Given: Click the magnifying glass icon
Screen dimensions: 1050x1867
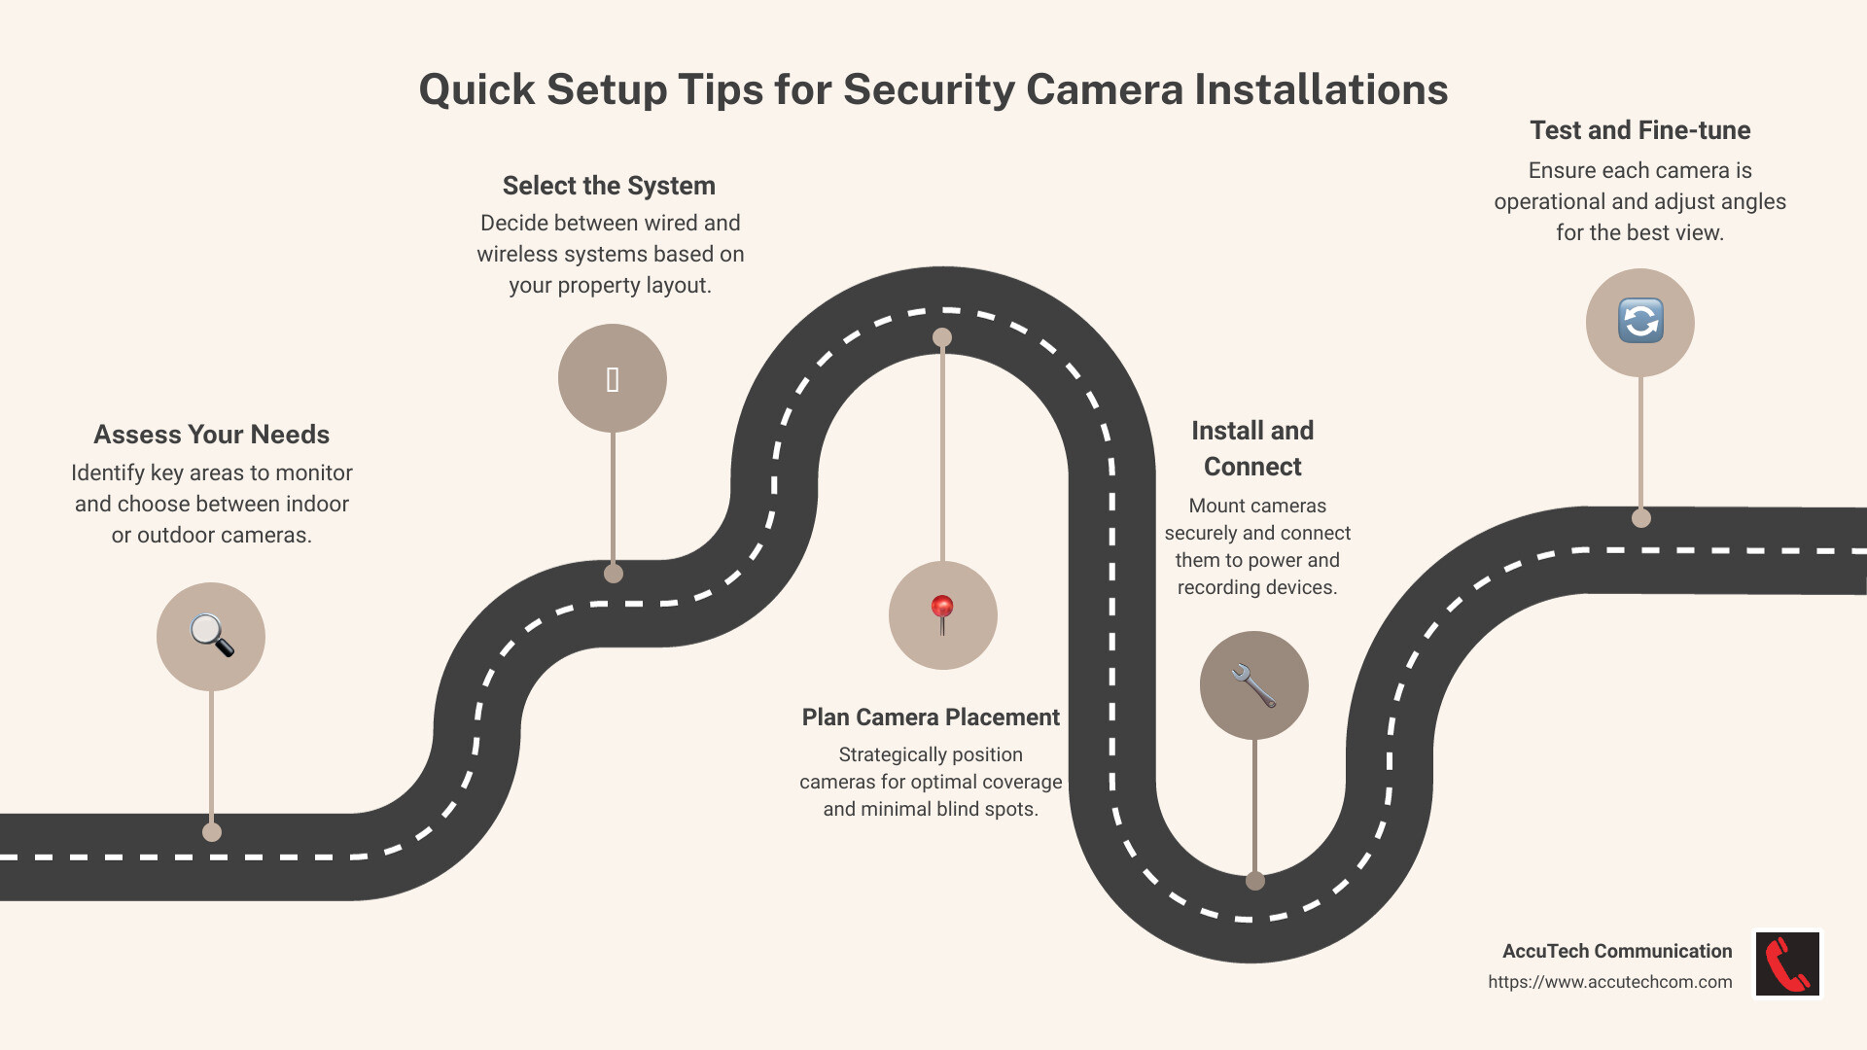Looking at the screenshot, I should click(x=211, y=636).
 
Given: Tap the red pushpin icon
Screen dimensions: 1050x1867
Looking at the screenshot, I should click(x=942, y=614).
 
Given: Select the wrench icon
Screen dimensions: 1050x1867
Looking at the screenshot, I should click(x=1253, y=685).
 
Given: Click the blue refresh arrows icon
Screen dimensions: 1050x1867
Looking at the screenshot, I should click(x=1640, y=321).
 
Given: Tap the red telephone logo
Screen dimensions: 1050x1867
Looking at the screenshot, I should click(x=1787, y=963).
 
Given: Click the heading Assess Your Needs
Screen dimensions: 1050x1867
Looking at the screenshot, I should click(x=211, y=435).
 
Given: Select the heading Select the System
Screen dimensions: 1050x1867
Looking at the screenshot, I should click(x=609, y=186).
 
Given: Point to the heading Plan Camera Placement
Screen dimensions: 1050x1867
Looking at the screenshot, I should click(x=931, y=717).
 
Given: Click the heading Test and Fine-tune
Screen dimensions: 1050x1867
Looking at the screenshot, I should click(x=1639, y=130).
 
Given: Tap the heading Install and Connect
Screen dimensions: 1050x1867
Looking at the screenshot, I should click(x=1252, y=448).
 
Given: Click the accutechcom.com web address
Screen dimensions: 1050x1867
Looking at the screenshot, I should click(x=1609, y=982).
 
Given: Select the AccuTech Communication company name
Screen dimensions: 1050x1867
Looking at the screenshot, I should click(x=1616, y=951).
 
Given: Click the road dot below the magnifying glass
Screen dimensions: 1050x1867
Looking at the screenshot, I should click(x=212, y=832).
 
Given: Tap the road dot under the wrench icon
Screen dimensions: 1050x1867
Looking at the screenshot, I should click(x=1255, y=881).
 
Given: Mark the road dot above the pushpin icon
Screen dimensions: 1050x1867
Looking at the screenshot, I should click(x=942, y=337).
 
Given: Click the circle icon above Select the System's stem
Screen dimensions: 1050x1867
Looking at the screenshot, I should click(x=613, y=378).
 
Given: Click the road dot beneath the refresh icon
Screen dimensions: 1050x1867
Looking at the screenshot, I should click(x=1641, y=518).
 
